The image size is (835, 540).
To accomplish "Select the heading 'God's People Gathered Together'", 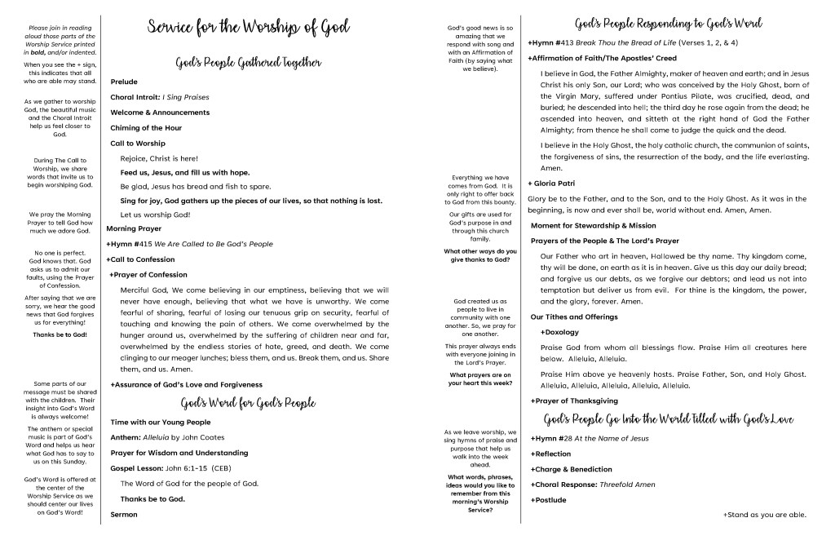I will tap(248, 63).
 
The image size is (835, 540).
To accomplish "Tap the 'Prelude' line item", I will tap(124, 82).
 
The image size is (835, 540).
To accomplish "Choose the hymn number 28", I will tap(563, 439).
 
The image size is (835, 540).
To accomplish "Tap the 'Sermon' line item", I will tap(124, 515).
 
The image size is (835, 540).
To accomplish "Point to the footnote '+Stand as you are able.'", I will tap(764, 515).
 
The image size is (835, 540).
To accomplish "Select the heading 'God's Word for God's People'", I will tap(248, 403).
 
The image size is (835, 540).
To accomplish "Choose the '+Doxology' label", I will tap(559, 333).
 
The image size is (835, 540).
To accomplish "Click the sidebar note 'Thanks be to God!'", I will tap(60, 334).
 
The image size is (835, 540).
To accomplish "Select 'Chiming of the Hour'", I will tap(146, 128).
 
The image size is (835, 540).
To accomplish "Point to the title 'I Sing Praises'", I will tap(186, 97).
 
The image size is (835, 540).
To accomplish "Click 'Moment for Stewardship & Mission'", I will tap(593, 225).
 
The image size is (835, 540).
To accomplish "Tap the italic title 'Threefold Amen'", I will tap(627, 485).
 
